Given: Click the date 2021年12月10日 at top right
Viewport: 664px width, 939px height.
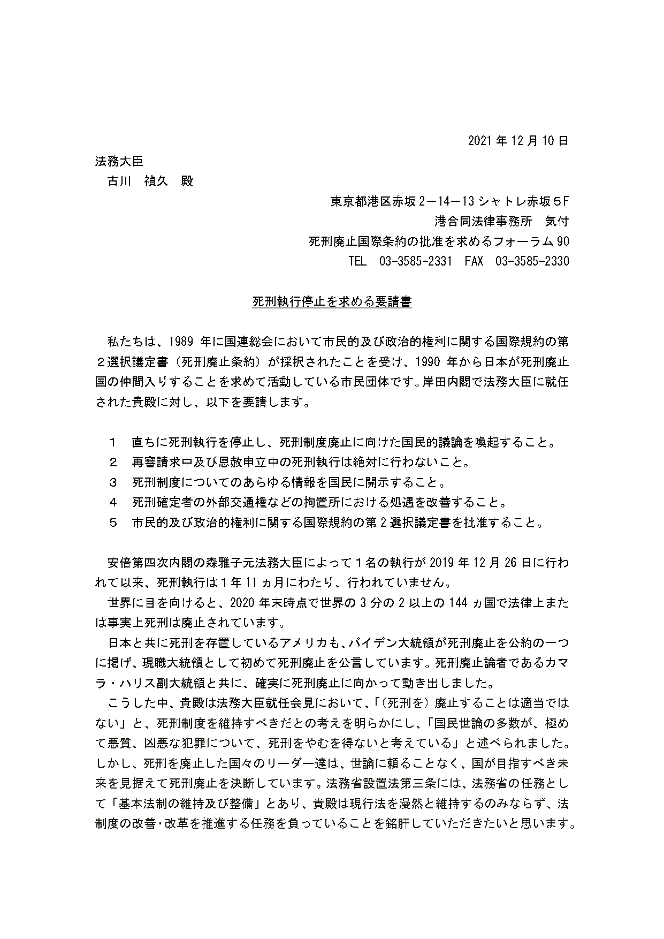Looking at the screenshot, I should coord(518,141).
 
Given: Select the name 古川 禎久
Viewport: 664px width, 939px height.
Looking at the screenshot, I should coord(138,181).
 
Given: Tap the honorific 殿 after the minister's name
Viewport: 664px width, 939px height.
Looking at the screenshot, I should coord(187,181).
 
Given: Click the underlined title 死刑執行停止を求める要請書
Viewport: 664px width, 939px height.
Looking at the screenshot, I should coord(332,302).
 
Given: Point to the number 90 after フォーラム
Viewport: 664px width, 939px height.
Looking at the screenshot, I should coord(563,241).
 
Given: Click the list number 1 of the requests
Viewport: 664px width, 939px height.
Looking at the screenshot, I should coord(112,443).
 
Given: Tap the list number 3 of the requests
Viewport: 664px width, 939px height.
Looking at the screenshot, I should coord(112,483).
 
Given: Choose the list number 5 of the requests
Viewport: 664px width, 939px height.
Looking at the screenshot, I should coord(112,523).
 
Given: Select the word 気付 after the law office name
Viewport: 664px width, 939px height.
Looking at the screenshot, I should coord(556,221).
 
